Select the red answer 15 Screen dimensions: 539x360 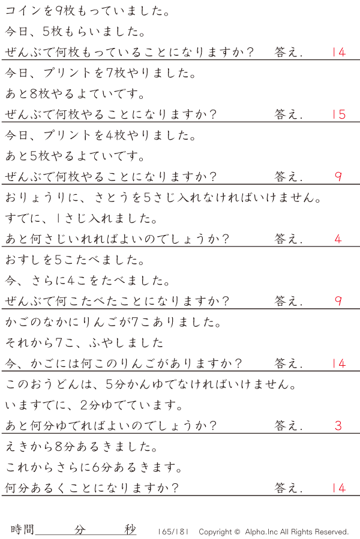[338, 114]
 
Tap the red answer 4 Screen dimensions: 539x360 [338, 239]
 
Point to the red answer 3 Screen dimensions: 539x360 [338, 426]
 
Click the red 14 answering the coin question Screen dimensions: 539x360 [338, 52]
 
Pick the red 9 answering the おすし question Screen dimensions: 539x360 [338, 301]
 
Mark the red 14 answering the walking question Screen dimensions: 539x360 [338, 488]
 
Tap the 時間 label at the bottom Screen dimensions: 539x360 [23, 529]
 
